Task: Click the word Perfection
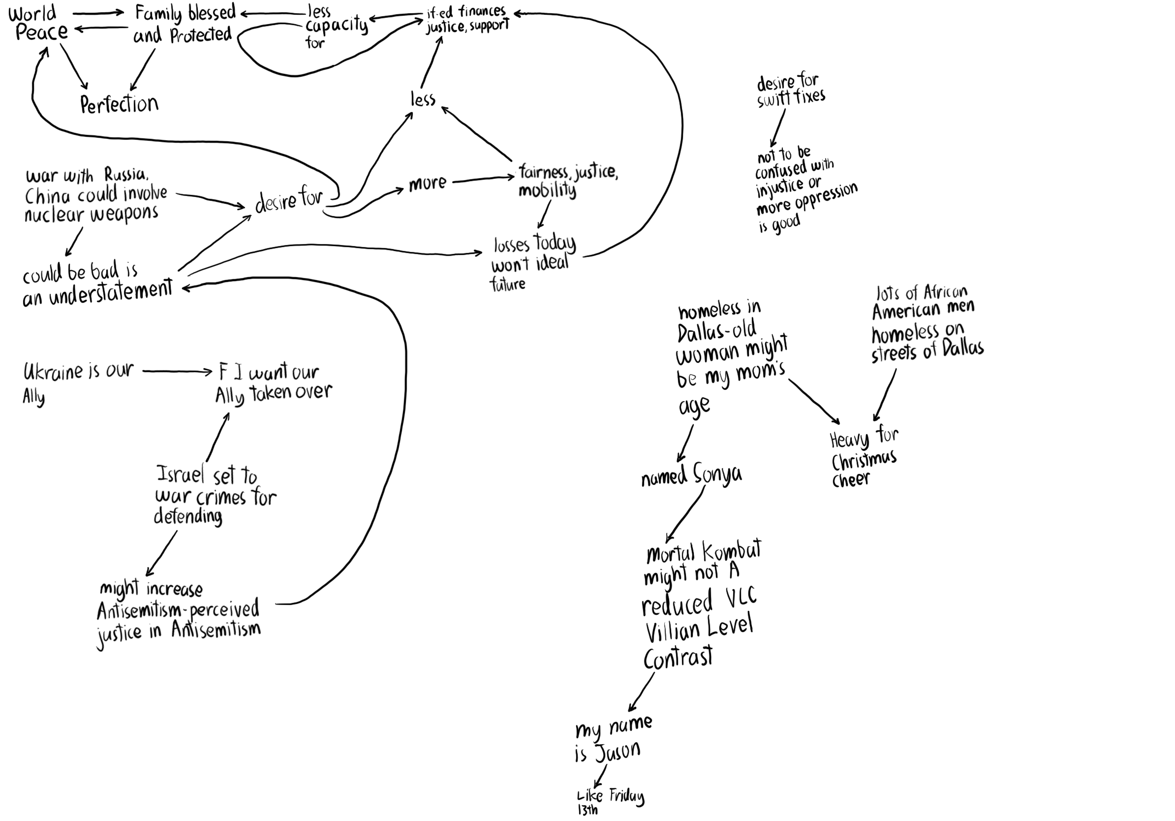pyautogui.click(x=119, y=104)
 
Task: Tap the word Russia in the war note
pyautogui.click(x=126, y=175)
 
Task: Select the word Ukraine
pyautogui.click(x=53, y=371)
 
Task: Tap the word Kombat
pyautogui.click(x=732, y=551)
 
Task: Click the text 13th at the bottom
pyautogui.click(x=587, y=810)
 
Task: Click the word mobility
pyautogui.click(x=547, y=190)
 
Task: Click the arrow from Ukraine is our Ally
pyautogui.click(x=177, y=372)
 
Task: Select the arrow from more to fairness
pyautogui.click(x=483, y=179)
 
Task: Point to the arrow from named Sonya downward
pyautogui.click(x=685, y=514)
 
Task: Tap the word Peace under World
pyautogui.click(x=42, y=33)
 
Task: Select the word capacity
pyautogui.click(x=336, y=26)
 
